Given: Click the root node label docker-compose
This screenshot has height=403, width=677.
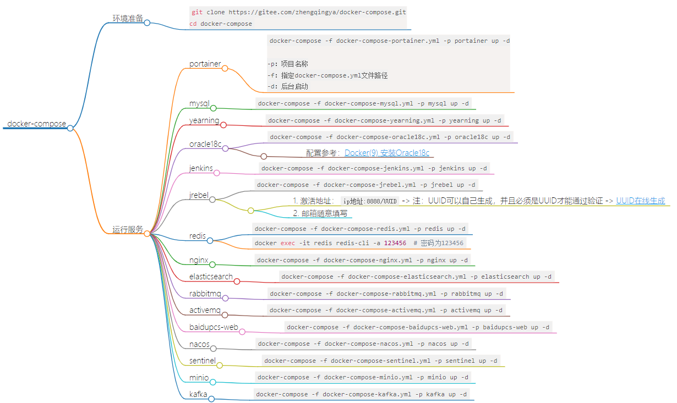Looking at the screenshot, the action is [36, 124].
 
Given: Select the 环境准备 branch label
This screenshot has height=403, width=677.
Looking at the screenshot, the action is [128, 19].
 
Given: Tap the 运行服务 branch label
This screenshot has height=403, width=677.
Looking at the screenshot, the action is [128, 229].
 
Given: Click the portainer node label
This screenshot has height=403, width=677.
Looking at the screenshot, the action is [205, 64].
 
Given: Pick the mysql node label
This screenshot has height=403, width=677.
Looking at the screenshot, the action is [199, 103].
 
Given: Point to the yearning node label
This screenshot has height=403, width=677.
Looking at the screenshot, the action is [204, 120].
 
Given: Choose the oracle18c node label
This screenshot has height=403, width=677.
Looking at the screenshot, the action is [205, 144].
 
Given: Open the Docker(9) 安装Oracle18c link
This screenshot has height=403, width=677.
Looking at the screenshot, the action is [387, 153].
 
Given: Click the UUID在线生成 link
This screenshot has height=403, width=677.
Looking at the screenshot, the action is [640, 201].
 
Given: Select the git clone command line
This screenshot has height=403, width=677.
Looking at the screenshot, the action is [299, 12].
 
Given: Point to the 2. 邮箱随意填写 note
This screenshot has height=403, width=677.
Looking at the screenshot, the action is [320, 213].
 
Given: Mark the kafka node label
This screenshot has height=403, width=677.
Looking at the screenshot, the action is [198, 394].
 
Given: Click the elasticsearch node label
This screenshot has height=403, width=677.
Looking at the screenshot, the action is [211, 277].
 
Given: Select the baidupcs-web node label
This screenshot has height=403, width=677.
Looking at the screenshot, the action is [214, 327].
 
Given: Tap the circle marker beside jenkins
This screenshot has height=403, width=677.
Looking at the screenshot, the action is [216, 173].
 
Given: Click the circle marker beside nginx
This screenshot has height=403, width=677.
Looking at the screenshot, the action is [212, 264].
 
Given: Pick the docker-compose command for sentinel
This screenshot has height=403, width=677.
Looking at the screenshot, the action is [380, 361].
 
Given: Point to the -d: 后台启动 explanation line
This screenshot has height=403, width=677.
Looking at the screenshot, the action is [288, 86].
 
